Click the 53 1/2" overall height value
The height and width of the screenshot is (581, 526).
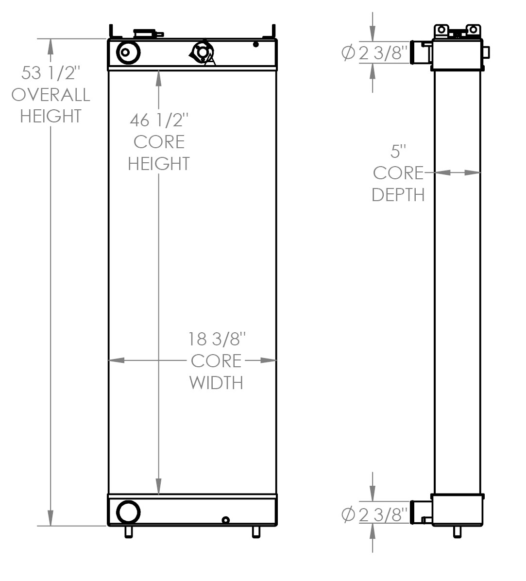click(x=51, y=72)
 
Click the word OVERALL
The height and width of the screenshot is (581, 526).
click(x=51, y=94)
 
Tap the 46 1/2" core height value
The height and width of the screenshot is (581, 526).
click(x=158, y=120)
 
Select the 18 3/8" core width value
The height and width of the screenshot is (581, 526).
click(x=216, y=339)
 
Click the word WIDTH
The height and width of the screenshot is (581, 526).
click(x=216, y=383)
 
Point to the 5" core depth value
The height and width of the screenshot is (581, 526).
click(x=398, y=152)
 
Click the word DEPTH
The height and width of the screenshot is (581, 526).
click(x=398, y=195)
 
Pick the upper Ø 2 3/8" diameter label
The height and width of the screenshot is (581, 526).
click(x=374, y=53)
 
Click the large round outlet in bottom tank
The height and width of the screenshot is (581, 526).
click(x=128, y=512)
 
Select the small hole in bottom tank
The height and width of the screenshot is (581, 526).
click(x=225, y=520)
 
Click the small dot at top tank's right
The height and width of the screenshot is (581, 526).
click(x=256, y=45)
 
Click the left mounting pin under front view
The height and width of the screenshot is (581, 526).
click(x=129, y=532)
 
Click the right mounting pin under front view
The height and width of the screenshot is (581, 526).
click(x=256, y=532)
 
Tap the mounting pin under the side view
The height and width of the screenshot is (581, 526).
click(x=457, y=532)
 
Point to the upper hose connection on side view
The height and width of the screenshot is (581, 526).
click(x=421, y=52)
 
